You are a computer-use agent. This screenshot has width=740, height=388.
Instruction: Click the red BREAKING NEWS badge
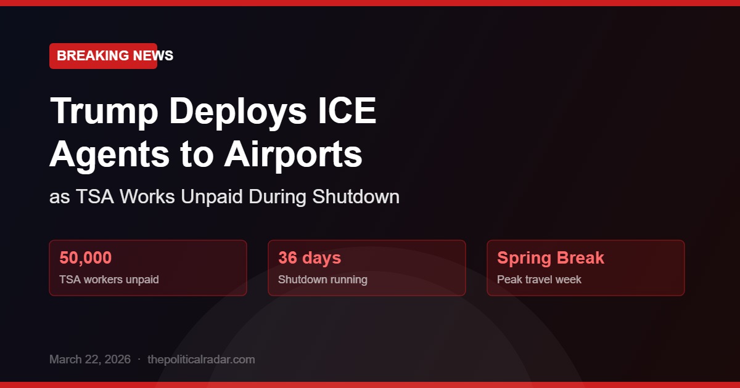[103, 56]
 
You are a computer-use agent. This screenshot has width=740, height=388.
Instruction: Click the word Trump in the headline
[101, 111]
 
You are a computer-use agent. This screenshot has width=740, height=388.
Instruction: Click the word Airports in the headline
[293, 156]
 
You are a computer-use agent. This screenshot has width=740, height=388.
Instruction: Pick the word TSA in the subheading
[94, 197]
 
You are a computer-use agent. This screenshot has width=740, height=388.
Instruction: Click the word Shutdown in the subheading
[355, 197]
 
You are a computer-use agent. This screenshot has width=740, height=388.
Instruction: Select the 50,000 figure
[85, 258]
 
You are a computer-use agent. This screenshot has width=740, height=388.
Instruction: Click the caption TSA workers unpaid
[109, 280]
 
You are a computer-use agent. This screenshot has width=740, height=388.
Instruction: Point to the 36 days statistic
[310, 258]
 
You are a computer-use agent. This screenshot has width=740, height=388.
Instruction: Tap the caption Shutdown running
[323, 280]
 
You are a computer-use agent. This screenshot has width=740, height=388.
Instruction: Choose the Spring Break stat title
[551, 258]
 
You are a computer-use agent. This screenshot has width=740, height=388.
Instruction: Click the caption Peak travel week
[539, 280]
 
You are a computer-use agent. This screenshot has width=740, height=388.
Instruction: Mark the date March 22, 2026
[90, 360]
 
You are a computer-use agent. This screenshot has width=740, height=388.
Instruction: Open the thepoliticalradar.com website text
[201, 360]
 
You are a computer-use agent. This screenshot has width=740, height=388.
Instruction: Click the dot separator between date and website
[139, 360]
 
